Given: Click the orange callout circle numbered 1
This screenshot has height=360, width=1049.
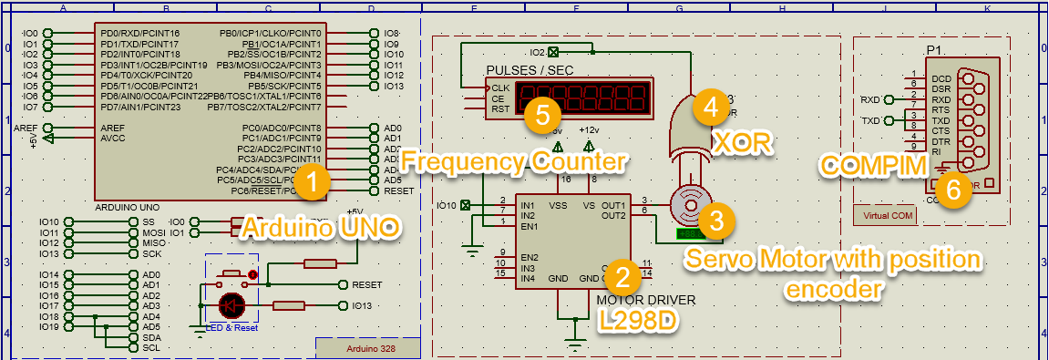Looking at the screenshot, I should point(312,181).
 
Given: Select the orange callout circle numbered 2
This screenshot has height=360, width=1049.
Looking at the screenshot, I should point(622,275).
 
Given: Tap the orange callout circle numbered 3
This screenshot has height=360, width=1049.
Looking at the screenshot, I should point(716,219).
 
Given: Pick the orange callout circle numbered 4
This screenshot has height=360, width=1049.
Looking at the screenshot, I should point(710,107).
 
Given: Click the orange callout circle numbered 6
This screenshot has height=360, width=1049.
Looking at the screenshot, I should point(952,190).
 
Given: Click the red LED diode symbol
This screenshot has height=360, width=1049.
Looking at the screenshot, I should point(232,304).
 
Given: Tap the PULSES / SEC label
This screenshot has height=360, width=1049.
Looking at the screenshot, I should point(529,70).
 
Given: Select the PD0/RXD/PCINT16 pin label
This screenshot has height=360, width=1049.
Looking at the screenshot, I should point(140,34).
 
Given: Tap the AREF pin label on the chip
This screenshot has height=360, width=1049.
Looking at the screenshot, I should point(113,128).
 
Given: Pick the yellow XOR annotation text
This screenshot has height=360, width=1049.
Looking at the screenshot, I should point(742,141).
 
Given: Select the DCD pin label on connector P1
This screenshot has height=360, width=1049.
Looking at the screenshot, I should point(941,78).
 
